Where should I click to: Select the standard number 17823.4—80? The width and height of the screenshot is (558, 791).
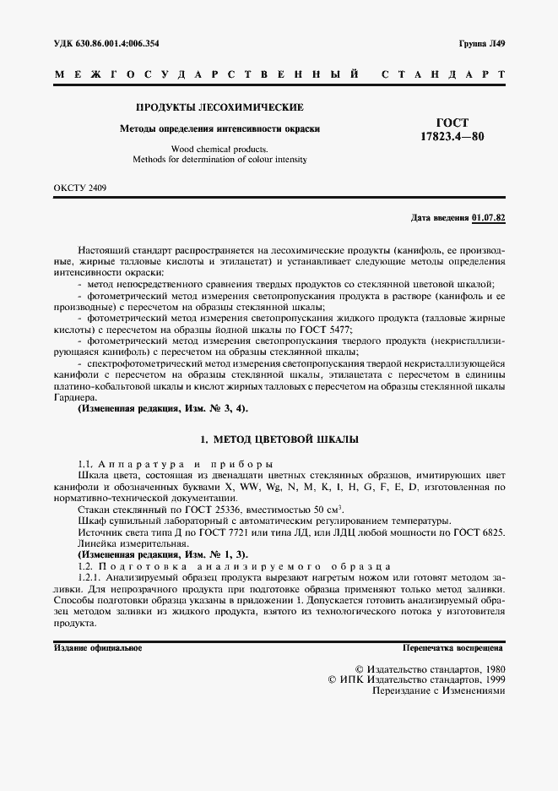[x=452, y=137]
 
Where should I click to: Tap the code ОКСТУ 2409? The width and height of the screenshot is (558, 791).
[x=80, y=187]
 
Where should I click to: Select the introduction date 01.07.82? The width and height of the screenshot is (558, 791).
[x=489, y=218]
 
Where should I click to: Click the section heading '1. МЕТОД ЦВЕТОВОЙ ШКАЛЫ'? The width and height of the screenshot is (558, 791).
[x=279, y=439]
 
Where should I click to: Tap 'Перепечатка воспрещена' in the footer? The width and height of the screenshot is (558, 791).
[x=453, y=648]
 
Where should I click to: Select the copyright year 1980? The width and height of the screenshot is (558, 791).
[x=489, y=667]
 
